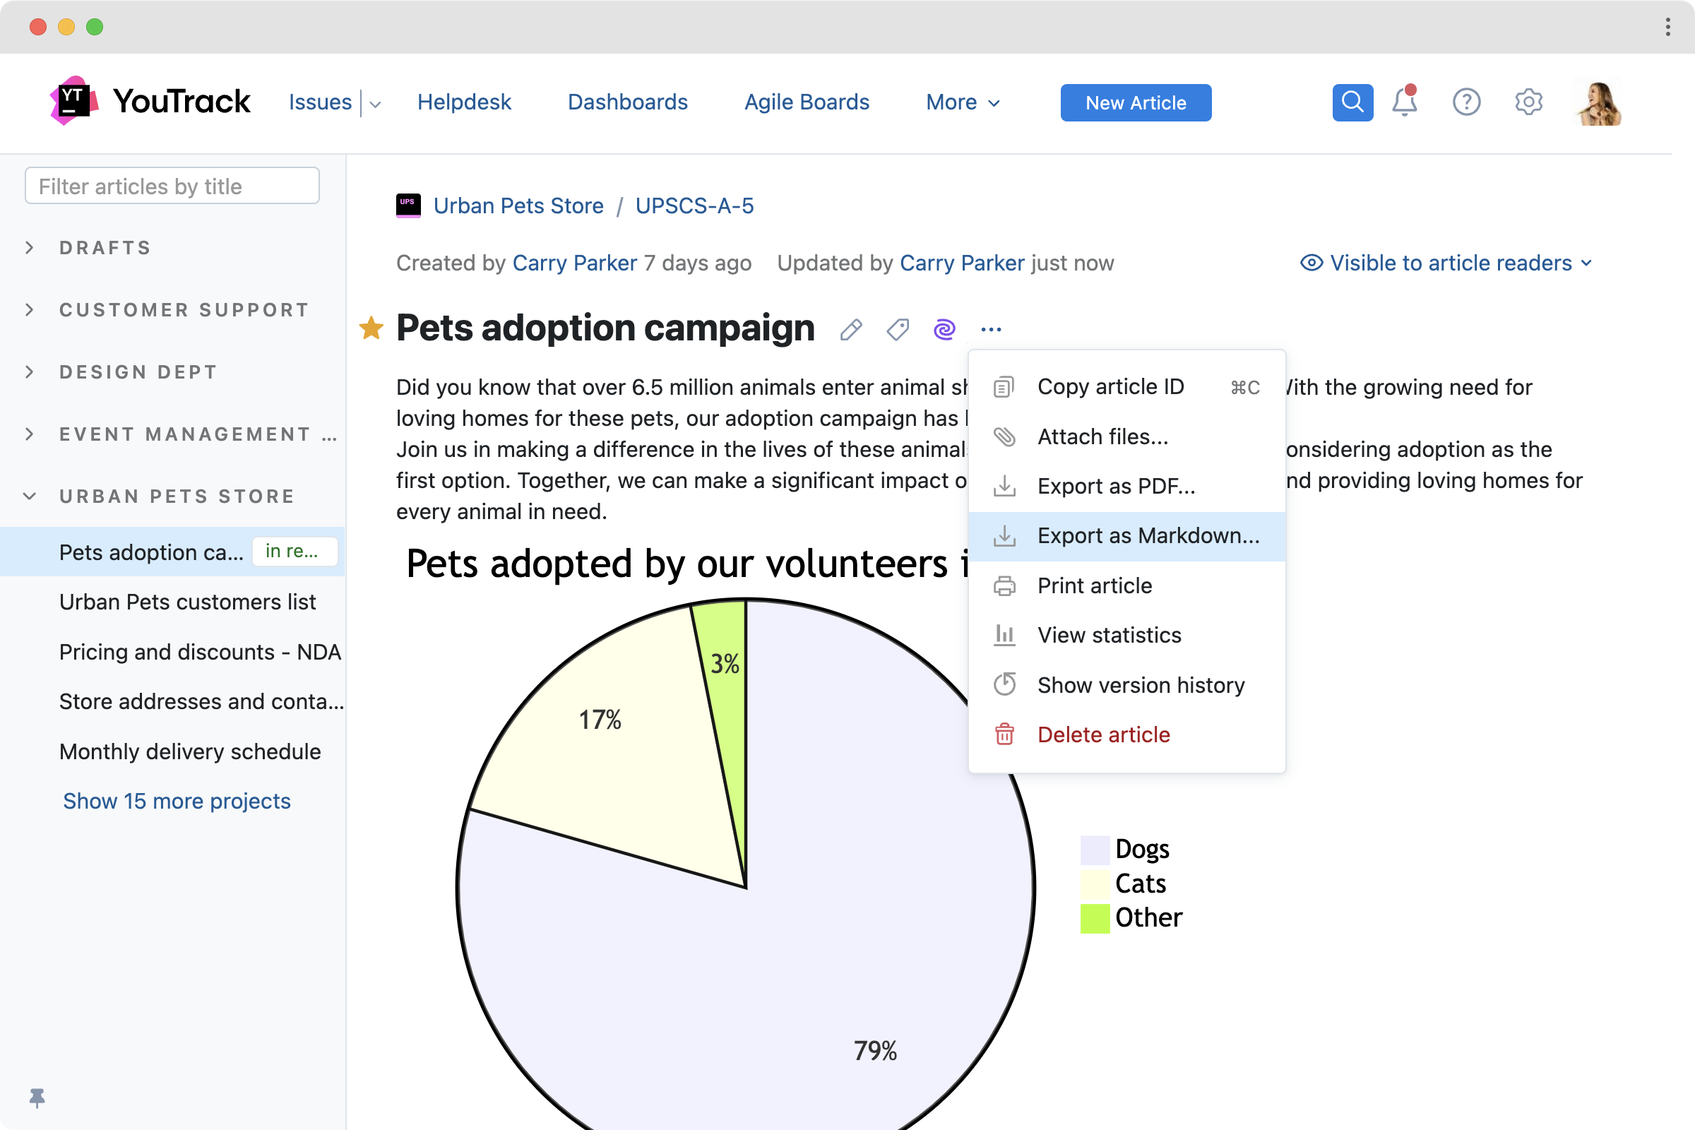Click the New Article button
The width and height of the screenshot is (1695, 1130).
pos(1135,103)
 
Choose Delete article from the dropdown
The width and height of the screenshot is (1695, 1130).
pos(1102,735)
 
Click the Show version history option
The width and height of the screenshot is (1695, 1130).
pos(1140,685)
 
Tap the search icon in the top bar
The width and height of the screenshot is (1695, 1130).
pos(1352,102)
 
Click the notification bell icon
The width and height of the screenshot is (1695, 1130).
pos(1404,102)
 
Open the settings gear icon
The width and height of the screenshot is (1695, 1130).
pos(1528,102)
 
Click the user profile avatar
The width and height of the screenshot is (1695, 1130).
pos(1598,102)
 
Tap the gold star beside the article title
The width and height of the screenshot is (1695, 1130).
pos(371,328)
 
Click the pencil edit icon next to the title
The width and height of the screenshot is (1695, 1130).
pos(851,330)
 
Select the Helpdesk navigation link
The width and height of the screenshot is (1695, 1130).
pos(464,102)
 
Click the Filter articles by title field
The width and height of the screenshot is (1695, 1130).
pos(172,186)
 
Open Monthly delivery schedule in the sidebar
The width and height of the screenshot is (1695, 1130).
pos(190,751)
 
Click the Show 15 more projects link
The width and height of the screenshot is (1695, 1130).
pos(177,802)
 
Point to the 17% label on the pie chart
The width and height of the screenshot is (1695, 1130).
pos(600,720)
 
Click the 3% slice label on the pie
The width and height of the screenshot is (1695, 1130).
pos(725,665)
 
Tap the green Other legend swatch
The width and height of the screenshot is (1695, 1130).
pos(1094,918)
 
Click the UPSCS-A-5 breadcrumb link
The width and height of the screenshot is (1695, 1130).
pos(694,206)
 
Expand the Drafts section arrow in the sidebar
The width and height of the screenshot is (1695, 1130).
pos(30,248)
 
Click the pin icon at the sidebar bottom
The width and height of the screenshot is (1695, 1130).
pos(37,1098)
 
